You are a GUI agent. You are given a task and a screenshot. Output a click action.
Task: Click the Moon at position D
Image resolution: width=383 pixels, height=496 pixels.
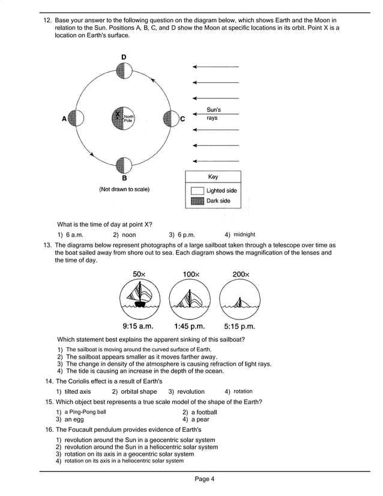pyautogui.click(x=124, y=71)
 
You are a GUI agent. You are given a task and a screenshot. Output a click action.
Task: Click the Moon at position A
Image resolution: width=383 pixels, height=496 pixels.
pyautogui.click(x=77, y=118)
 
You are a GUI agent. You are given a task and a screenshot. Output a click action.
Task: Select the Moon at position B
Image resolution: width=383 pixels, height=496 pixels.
pyautogui.click(x=124, y=165)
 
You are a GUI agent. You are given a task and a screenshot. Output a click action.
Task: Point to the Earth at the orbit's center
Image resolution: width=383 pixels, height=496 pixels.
pyautogui.click(x=123, y=118)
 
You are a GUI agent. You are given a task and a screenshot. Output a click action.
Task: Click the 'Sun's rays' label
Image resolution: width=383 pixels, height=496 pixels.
pyautogui.click(x=213, y=114)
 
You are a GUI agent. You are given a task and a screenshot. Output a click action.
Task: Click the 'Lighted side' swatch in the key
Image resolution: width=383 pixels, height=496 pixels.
pyautogui.click(x=197, y=190)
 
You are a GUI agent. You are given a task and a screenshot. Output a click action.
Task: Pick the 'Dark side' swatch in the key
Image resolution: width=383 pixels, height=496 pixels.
pyautogui.click(x=197, y=201)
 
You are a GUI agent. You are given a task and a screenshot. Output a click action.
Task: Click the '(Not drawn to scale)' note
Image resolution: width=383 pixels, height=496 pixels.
pyautogui.click(x=124, y=189)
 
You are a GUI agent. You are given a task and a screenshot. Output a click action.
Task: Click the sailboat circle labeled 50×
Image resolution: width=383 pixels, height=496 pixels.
pyautogui.click(x=139, y=298)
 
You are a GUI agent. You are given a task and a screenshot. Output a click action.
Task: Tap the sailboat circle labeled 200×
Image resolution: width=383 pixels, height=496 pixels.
pyautogui.click(x=240, y=298)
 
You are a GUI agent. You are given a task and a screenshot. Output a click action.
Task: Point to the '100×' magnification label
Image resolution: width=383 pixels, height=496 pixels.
pyautogui.click(x=190, y=274)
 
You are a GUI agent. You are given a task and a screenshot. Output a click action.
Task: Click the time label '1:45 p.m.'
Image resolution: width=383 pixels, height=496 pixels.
pyautogui.click(x=190, y=327)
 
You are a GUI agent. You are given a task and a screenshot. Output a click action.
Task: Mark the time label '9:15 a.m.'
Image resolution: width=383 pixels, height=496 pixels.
pyautogui.click(x=138, y=327)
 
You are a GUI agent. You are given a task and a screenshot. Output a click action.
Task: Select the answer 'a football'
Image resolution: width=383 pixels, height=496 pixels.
pyautogui.click(x=204, y=412)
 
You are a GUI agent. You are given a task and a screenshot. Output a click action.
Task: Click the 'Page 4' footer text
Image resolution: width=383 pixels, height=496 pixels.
pyautogui.click(x=204, y=479)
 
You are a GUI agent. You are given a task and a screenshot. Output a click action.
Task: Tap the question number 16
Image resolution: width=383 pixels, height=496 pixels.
pyautogui.click(x=49, y=430)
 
